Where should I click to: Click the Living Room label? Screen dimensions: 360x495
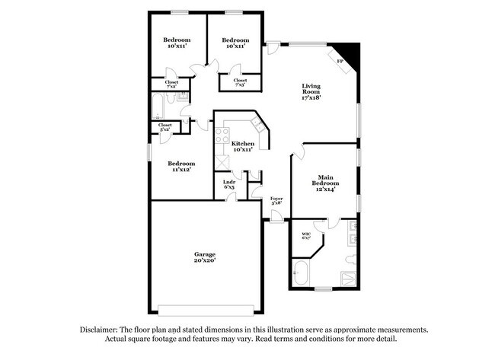pos(311,91)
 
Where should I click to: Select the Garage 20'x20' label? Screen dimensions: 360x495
pos(204,257)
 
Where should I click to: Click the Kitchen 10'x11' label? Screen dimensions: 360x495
pos(243,147)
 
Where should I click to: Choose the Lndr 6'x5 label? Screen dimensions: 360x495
pos(228,185)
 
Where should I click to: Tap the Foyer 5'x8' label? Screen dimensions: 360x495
pos(276,201)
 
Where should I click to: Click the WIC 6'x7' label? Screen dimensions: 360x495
pos(306,236)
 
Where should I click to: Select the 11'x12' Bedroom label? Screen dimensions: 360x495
pos(181,167)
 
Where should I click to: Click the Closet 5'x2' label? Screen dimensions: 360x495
pos(165,127)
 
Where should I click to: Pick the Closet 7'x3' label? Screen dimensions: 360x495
pos(240,82)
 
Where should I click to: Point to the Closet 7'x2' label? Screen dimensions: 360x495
pos(172,84)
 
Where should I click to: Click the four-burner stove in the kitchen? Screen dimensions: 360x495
pos(222,137)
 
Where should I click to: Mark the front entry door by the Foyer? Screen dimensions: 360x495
pos(276,220)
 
